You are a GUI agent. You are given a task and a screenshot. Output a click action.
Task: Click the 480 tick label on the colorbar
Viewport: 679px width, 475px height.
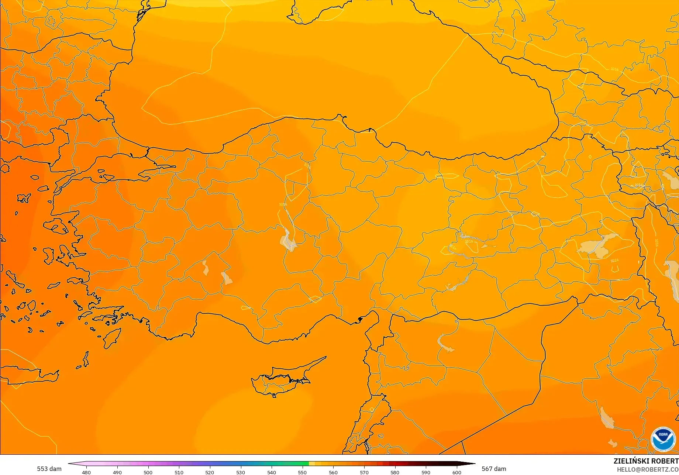pos(86,472)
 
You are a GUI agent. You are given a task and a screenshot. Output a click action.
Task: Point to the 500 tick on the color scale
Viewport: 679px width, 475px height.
pos(148,472)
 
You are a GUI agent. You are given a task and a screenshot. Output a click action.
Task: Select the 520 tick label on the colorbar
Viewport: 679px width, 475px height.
pos(210,472)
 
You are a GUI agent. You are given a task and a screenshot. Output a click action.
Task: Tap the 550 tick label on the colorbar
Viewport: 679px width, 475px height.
pos(302,472)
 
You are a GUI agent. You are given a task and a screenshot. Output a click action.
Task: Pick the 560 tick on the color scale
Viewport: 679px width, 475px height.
pos(333,472)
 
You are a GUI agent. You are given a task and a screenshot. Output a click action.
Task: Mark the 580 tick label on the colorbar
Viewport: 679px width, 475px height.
pos(395,472)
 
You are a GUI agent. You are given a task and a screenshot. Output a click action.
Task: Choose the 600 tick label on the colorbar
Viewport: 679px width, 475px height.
pos(456,472)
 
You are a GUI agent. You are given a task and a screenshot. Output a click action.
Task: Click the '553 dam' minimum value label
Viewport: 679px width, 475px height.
pos(49,469)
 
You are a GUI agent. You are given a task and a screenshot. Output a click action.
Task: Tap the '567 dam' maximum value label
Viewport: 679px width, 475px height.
pos(494,469)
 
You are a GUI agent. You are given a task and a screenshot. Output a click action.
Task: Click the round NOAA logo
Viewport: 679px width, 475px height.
pos(663,439)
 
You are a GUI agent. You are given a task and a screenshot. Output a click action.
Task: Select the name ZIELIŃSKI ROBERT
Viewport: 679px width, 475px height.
pos(646,461)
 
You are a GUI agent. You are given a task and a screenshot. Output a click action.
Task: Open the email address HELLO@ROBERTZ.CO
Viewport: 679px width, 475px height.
pos(648,469)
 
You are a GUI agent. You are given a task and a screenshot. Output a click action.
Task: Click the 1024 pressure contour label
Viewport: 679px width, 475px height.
pos(614,261)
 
